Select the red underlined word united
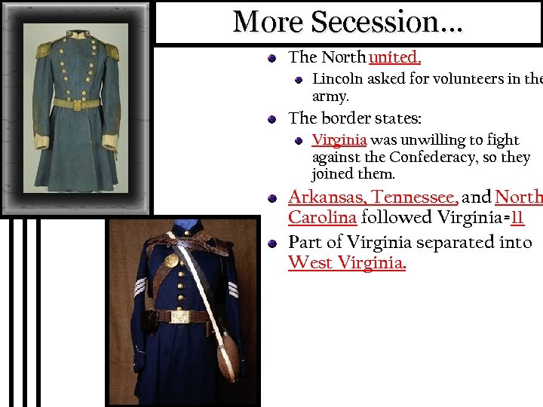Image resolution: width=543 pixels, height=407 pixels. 394,57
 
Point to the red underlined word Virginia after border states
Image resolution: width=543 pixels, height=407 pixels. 339,140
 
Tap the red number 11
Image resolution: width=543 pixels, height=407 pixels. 517,219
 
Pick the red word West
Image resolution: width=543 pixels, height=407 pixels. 310,263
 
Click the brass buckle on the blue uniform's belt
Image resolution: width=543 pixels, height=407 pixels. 179,317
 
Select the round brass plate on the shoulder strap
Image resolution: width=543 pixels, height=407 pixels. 171,260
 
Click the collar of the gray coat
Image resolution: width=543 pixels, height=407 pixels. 77,35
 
